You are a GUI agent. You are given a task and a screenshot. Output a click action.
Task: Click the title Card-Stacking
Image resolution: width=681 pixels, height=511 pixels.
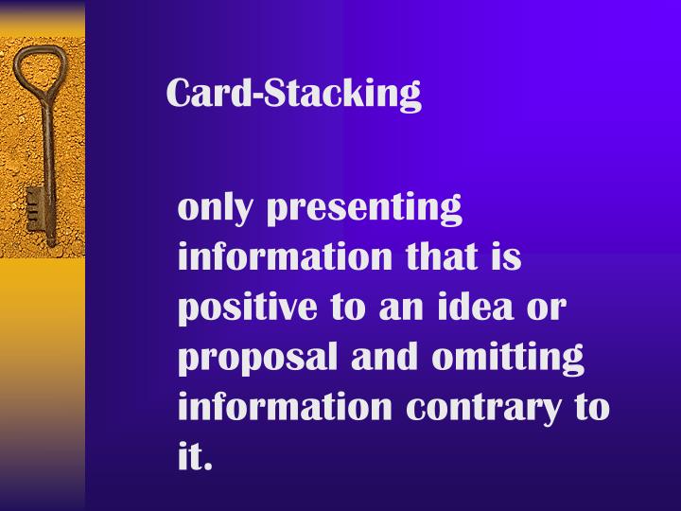pyautogui.click(x=293, y=94)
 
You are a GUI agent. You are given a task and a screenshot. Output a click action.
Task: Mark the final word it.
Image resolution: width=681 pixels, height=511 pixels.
pyautogui.click(x=195, y=458)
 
